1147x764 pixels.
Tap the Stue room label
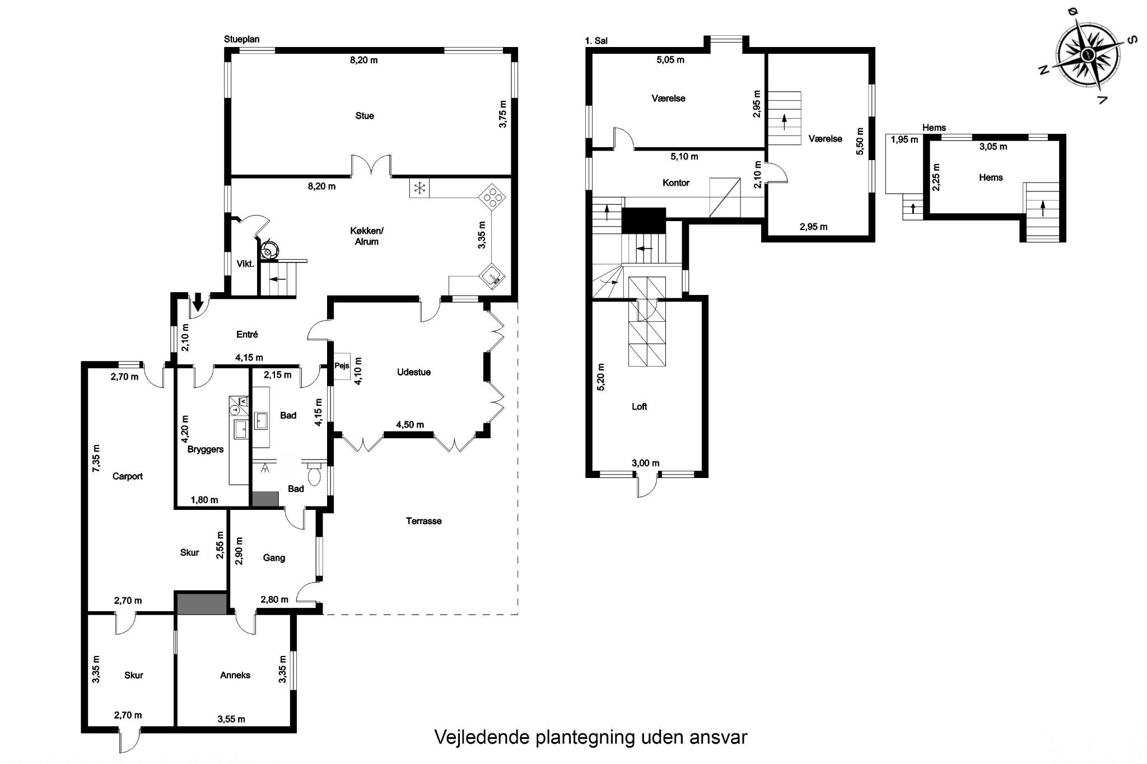pos(365,116)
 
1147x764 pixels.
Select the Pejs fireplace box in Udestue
pos(342,366)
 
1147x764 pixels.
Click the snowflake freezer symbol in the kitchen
pos(419,188)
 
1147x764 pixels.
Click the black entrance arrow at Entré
pos(198,303)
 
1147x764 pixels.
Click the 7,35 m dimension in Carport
pos(96,459)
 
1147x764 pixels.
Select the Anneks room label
pos(235,675)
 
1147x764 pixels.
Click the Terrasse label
pos(424,521)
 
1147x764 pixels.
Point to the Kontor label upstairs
pos(676,183)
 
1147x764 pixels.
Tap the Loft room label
pos(640,407)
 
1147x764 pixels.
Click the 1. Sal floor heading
pos(596,41)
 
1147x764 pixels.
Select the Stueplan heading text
pos(242,39)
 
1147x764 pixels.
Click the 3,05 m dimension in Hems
pos(993,147)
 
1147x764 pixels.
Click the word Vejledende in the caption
pos(482,737)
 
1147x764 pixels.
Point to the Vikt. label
pos(245,264)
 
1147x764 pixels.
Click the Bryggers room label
pos(206,449)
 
